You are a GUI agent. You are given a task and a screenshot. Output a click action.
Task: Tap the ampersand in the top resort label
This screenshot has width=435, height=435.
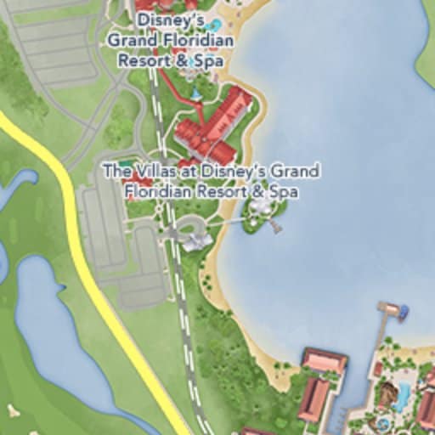point(183,61)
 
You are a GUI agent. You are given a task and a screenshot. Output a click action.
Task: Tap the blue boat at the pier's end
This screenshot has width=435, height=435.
point(402,314)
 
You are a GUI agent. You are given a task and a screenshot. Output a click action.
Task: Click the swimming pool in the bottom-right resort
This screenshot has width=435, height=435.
point(402,396)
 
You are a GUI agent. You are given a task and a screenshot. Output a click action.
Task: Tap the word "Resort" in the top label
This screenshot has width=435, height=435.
point(144,61)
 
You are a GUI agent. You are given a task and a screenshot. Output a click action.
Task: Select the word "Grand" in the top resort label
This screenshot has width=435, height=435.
point(133,40)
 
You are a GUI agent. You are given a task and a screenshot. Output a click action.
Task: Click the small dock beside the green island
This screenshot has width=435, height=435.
point(275,226)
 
